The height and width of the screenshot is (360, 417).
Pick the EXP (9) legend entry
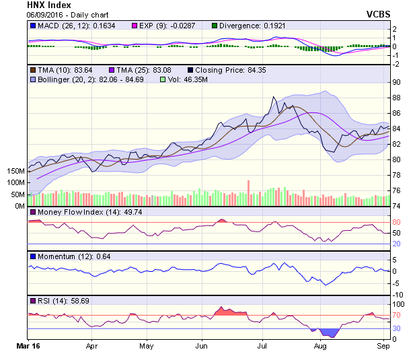157,26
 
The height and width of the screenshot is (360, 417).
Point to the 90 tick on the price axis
397,82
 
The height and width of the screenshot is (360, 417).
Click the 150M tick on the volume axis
14,171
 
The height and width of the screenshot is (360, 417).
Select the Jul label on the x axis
263,348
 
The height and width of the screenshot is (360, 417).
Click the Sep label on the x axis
383,348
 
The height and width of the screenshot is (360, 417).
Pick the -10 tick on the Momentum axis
397,295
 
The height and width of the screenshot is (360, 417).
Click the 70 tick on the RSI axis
397,315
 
